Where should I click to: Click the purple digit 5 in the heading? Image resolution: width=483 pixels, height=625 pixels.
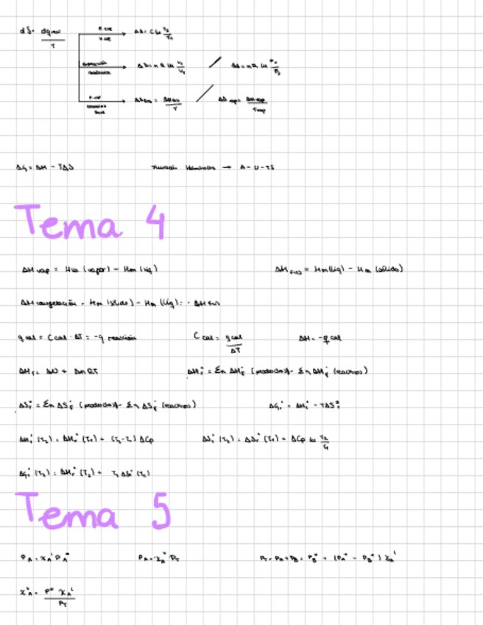click(x=161, y=511)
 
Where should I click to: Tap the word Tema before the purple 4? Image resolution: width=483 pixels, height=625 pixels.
click(x=68, y=221)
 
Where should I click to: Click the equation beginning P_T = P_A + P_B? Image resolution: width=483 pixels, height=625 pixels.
click(x=328, y=558)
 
